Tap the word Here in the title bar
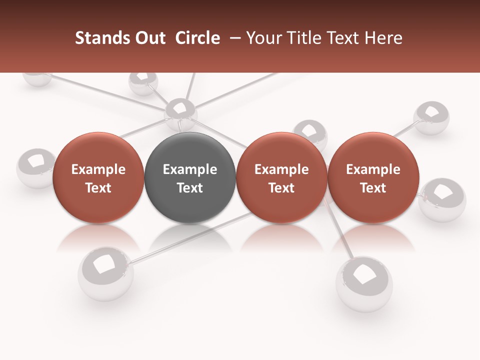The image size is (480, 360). pyautogui.click(x=384, y=38)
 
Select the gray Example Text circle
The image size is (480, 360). pyautogui.click(x=190, y=178)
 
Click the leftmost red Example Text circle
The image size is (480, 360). pyautogui.click(x=98, y=178)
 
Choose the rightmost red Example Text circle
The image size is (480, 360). pyautogui.click(x=373, y=178)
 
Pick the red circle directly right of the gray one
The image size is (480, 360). pyautogui.click(x=281, y=178)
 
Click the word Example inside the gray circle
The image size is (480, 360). pyautogui.click(x=190, y=169)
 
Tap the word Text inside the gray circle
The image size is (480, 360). pyautogui.click(x=190, y=188)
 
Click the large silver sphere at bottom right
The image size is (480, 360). pyautogui.click(x=364, y=283)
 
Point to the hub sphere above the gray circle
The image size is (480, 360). pyautogui.click(x=180, y=113)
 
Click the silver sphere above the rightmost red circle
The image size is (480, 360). pyautogui.click(x=431, y=118)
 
